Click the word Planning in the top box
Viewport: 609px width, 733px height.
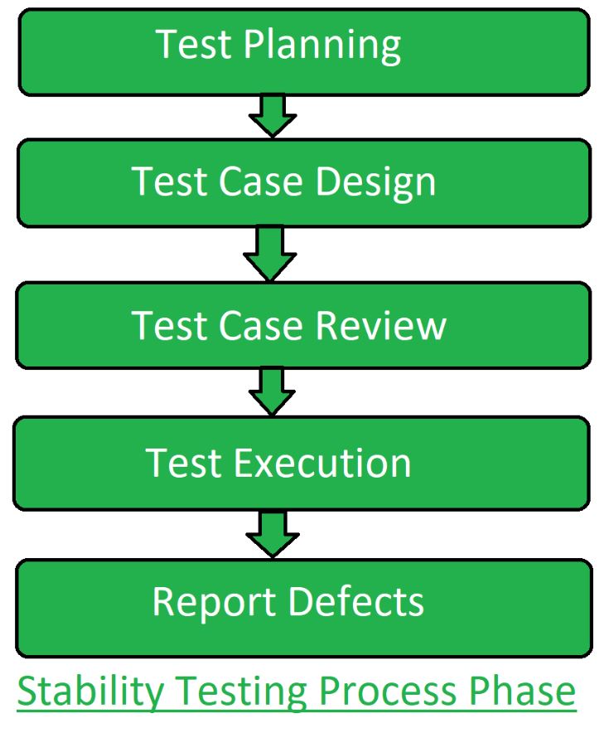coord(322,46)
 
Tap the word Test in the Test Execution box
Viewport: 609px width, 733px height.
coord(184,462)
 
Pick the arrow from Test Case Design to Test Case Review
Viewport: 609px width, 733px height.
coord(269,253)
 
